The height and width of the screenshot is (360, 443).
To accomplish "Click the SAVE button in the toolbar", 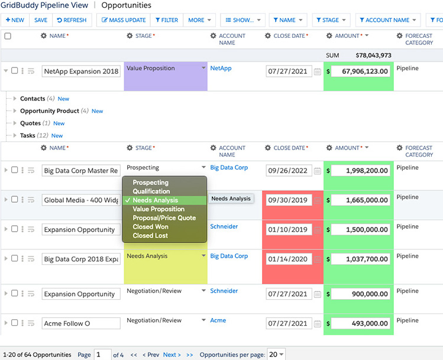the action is coord(41,20).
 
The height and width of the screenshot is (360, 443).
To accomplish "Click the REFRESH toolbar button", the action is coord(72,20).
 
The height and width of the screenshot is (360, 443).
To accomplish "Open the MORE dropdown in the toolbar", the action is coord(199,20).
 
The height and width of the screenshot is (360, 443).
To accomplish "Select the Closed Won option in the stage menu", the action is coord(150,227).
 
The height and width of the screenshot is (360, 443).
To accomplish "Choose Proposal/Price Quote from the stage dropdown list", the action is coord(164,218).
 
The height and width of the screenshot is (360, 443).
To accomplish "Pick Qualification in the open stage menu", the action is coord(151,191).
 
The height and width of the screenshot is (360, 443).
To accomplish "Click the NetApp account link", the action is coord(221,68).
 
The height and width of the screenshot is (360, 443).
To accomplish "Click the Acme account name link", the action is coord(218,320).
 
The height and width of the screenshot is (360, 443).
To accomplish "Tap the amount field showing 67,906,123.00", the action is coord(361,71).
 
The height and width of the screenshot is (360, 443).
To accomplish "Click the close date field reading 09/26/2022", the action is coord(289,170).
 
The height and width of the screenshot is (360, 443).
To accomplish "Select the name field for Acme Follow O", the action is coord(81,323).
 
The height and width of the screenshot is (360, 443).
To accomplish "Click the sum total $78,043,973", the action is coord(373,56).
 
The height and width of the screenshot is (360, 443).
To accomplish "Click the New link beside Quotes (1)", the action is coord(59,124).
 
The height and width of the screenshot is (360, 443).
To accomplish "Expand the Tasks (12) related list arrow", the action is coord(15,135).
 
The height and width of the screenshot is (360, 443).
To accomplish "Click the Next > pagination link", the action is coord(172,355).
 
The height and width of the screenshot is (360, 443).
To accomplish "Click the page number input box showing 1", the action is coord(102,355).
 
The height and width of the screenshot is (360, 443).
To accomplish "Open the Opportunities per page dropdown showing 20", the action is coord(276,354).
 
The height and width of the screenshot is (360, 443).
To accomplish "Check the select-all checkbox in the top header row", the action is coord(8,36).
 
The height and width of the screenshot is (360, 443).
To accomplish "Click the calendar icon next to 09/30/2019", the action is coord(318,200).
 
